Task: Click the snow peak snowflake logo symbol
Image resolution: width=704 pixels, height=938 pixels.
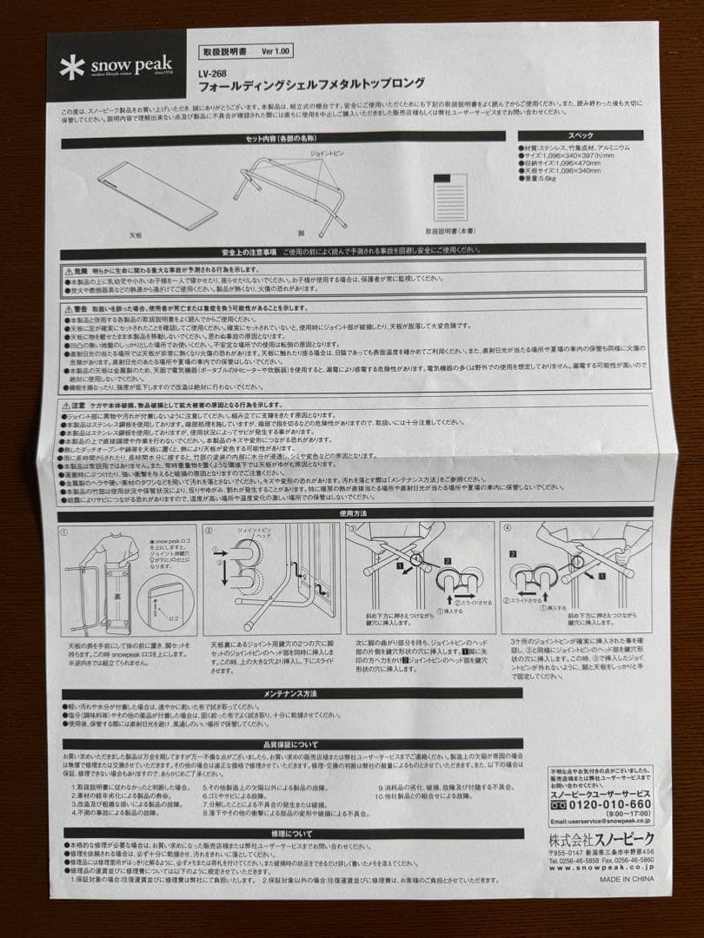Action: coord(72,67)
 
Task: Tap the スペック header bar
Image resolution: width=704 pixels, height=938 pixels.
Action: coord(581,135)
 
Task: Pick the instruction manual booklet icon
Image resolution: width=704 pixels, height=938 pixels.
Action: coord(449,196)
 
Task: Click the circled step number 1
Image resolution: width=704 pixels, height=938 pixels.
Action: coord(66,529)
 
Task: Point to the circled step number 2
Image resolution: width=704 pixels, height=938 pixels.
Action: coord(209,529)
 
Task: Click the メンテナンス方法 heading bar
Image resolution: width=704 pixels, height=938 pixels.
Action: coord(290,693)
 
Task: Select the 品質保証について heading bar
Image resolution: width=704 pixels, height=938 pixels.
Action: coord(290,744)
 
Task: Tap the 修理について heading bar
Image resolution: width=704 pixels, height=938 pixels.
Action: coord(290,833)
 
